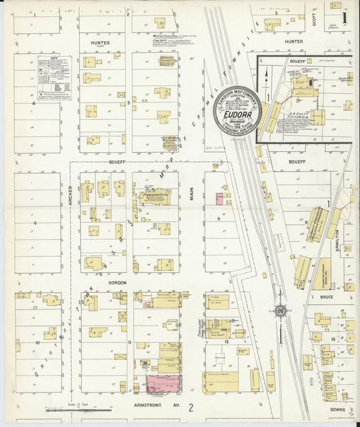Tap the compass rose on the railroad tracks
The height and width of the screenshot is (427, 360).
280,311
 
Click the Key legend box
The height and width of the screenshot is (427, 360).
52,78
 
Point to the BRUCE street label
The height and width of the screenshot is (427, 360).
327,297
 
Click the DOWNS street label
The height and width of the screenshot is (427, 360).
338,409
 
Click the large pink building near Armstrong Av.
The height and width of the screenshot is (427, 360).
163,384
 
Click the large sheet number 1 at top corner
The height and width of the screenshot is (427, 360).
345,14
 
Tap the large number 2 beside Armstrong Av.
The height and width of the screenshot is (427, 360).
191,408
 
